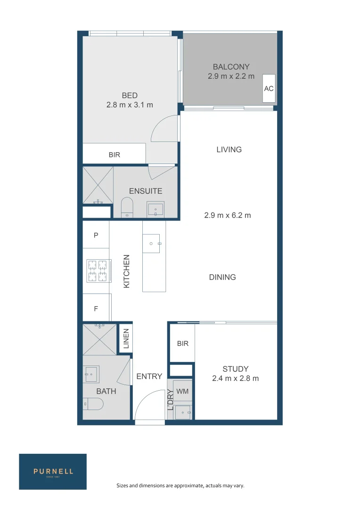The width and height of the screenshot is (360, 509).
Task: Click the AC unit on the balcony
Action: tap(269, 88)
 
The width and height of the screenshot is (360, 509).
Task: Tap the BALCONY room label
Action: tap(231, 66)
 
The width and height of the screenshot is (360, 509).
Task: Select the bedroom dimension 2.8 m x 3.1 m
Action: tap(130, 105)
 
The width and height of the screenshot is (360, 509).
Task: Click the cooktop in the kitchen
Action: tap(98, 271)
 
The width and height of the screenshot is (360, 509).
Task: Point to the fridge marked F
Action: tap(97, 307)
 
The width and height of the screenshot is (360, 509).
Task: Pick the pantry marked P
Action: tap(96, 235)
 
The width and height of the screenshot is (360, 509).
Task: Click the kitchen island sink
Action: tap(152, 244)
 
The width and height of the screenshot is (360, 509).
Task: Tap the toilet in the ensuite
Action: tap(127, 208)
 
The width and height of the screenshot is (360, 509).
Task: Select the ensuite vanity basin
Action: tap(155, 209)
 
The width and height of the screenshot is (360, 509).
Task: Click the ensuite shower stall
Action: tap(98, 185)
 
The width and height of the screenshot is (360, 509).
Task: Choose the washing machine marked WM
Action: tap(182, 391)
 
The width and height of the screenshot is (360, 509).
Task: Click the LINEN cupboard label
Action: tap(126, 338)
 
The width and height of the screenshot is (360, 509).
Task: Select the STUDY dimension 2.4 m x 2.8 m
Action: tap(235, 378)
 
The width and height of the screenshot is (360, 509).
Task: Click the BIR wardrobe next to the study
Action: tap(182, 343)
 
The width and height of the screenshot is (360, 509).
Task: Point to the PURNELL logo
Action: tap(53, 471)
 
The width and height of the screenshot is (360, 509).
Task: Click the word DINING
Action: tap(222, 277)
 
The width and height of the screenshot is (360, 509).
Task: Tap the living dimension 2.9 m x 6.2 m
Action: tap(228, 215)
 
